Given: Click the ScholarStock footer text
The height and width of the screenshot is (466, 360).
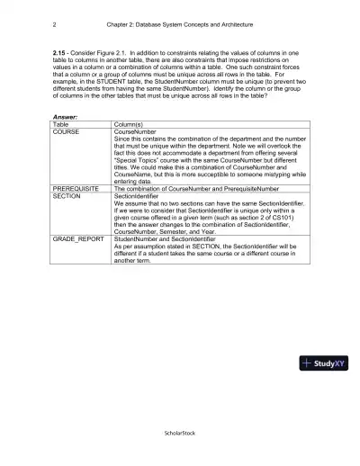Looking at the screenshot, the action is pos(179,432).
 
